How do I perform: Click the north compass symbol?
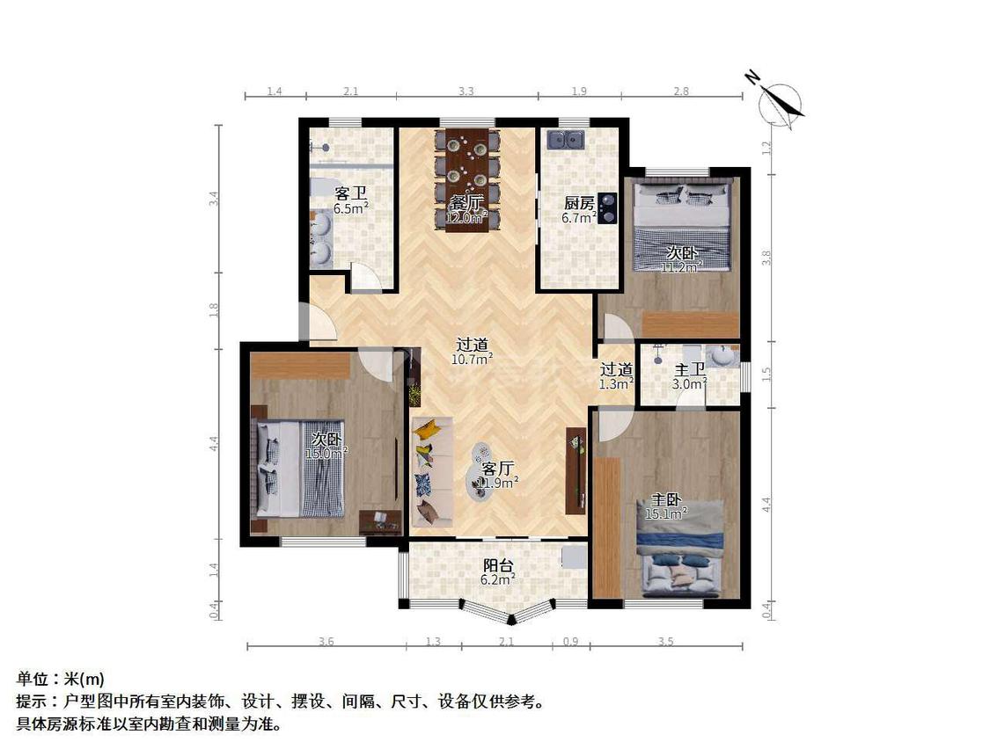pyautogui.click(x=779, y=101)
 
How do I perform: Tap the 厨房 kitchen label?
pyautogui.click(x=578, y=200)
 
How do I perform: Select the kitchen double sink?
pyautogui.click(x=567, y=139)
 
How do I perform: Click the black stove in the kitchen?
pyautogui.click(x=606, y=209)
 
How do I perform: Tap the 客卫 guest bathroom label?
pyautogui.click(x=350, y=193)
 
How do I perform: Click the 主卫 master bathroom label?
pyautogui.click(x=690, y=369)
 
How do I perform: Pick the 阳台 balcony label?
pyautogui.click(x=498, y=565)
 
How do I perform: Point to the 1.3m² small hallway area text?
pyautogui.click(x=617, y=383)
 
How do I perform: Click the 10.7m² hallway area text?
pyautogui.click(x=473, y=359)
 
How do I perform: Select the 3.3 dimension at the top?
pyautogui.click(x=467, y=91)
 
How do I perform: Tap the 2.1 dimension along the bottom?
pyautogui.click(x=506, y=642)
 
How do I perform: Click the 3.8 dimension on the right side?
pyautogui.click(x=766, y=258)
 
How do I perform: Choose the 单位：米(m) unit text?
pyautogui.click(x=61, y=680)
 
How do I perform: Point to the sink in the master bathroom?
pyautogui.click(x=725, y=355)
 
